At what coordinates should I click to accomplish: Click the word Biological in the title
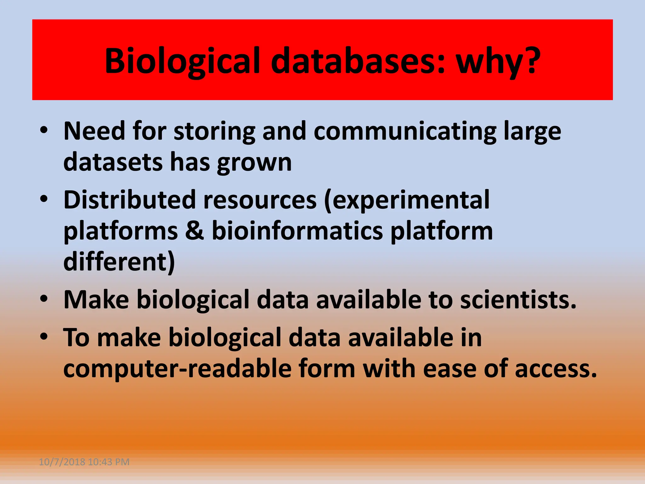[x=183, y=61]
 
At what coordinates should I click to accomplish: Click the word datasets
[x=113, y=162]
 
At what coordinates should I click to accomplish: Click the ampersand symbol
[x=195, y=231]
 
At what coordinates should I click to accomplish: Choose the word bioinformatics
[x=297, y=231]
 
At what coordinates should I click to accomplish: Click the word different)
[x=119, y=262]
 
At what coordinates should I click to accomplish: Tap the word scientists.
[x=518, y=300]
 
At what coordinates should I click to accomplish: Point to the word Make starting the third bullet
[x=96, y=300]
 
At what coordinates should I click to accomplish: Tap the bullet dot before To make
[x=44, y=337]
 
